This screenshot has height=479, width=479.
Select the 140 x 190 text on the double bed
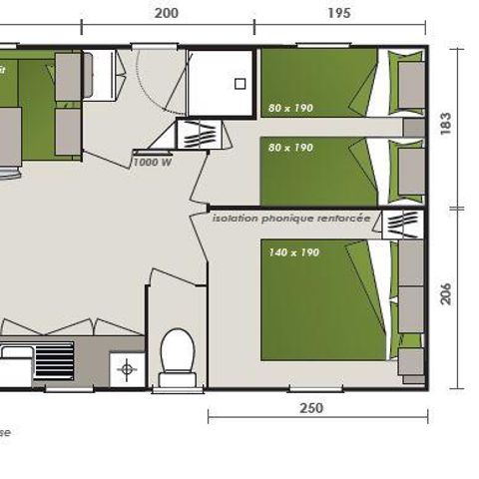pyautogui.click(x=293, y=252)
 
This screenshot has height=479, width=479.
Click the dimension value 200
pyautogui.click(x=167, y=13)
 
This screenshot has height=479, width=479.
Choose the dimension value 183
pyautogui.click(x=446, y=125)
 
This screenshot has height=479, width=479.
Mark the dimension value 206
pyautogui.click(x=446, y=294)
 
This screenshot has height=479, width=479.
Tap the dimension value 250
pyautogui.click(x=310, y=408)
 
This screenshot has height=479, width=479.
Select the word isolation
pyautogui.click(x=233, y=216)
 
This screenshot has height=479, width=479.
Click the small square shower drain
pyautogui.click(x=239, y=86)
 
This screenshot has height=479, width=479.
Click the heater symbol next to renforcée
pyautogui.click(x=404, y=222)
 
